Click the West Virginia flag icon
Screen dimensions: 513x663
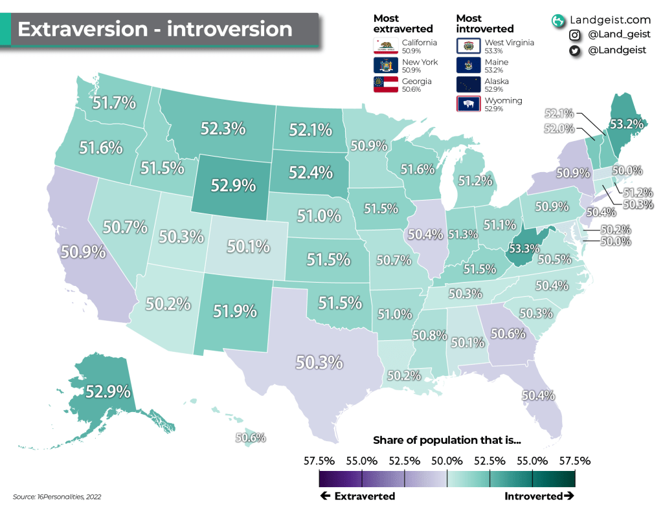468,45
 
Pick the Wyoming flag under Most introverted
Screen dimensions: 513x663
468,104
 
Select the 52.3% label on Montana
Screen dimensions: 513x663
223,129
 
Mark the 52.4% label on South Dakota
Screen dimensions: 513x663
310,173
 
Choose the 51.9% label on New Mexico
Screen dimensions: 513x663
234,311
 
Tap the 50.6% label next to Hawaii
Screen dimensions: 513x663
250,438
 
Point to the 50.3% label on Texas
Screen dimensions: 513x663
319,362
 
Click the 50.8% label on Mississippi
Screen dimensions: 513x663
429,336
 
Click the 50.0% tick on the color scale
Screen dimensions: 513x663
447,461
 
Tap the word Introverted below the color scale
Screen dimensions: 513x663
533,496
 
